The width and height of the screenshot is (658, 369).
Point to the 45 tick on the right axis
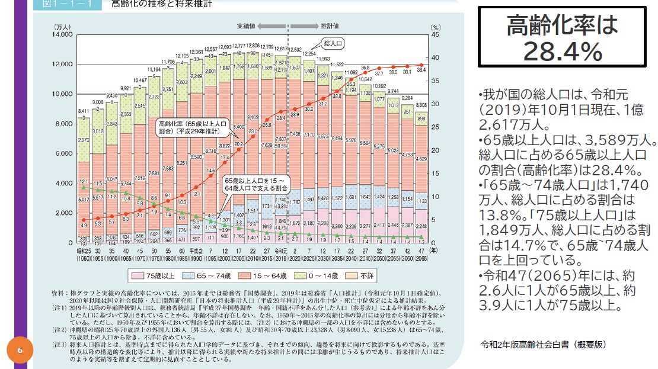pyautogui.click(x=435, y=34)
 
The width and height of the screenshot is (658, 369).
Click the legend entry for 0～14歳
pyautogui.click(x=314, y=275)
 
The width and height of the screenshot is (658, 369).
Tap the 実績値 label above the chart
pyautogui.click(x=245, y=26)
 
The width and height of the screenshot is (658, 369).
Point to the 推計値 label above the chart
pyautogui.click(x=330, y=26)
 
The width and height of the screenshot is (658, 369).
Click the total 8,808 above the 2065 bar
pyautogui.click(x=421, y=105)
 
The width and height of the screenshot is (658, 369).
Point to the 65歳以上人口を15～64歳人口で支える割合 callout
pyautogui.click(x=255, y=182)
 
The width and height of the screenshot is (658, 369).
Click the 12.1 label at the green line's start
pyautogui.click(x=84, y=181)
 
